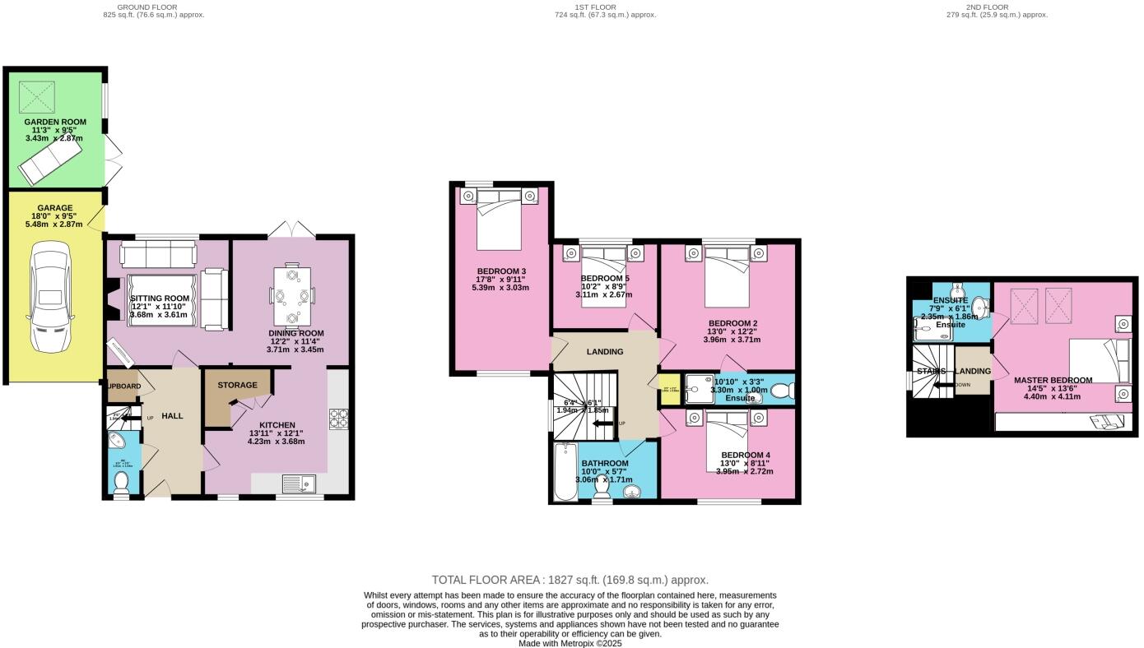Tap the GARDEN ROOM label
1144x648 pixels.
click(55, 122)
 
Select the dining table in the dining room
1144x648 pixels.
click(293, 295)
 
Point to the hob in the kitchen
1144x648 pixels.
click(339, 419)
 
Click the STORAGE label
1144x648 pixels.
click(237, 385)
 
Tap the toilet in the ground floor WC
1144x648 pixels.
click(122, 482)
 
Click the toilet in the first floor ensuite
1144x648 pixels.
click(783, 391)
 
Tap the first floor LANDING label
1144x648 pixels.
click(604, 352)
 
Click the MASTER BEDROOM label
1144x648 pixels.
click(1053, 380)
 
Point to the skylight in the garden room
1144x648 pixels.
click(36, 96)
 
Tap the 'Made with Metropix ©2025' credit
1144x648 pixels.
click(570, 643)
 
